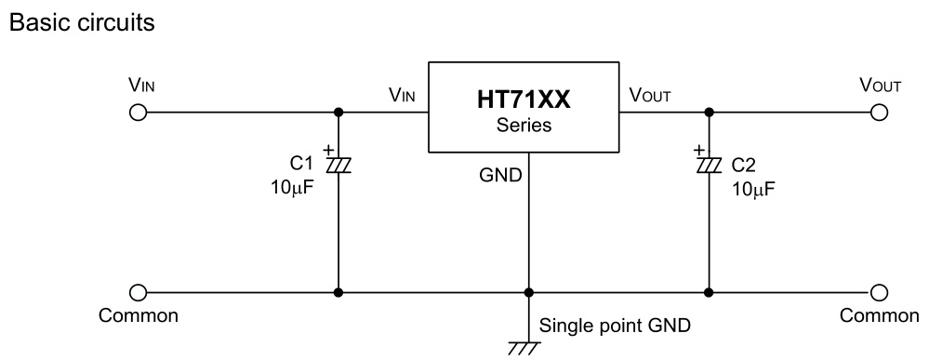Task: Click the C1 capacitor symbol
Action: click(337, 165)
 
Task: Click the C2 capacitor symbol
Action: click(709, 165)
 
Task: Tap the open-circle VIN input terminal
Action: click(138, 113)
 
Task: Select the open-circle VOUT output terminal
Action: click(878, 113)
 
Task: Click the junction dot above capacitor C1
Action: click(337, 113)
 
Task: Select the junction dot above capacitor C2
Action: click(709, 113)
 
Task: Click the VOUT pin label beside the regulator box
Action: click(651, 95)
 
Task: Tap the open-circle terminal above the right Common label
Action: click(878, 292)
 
